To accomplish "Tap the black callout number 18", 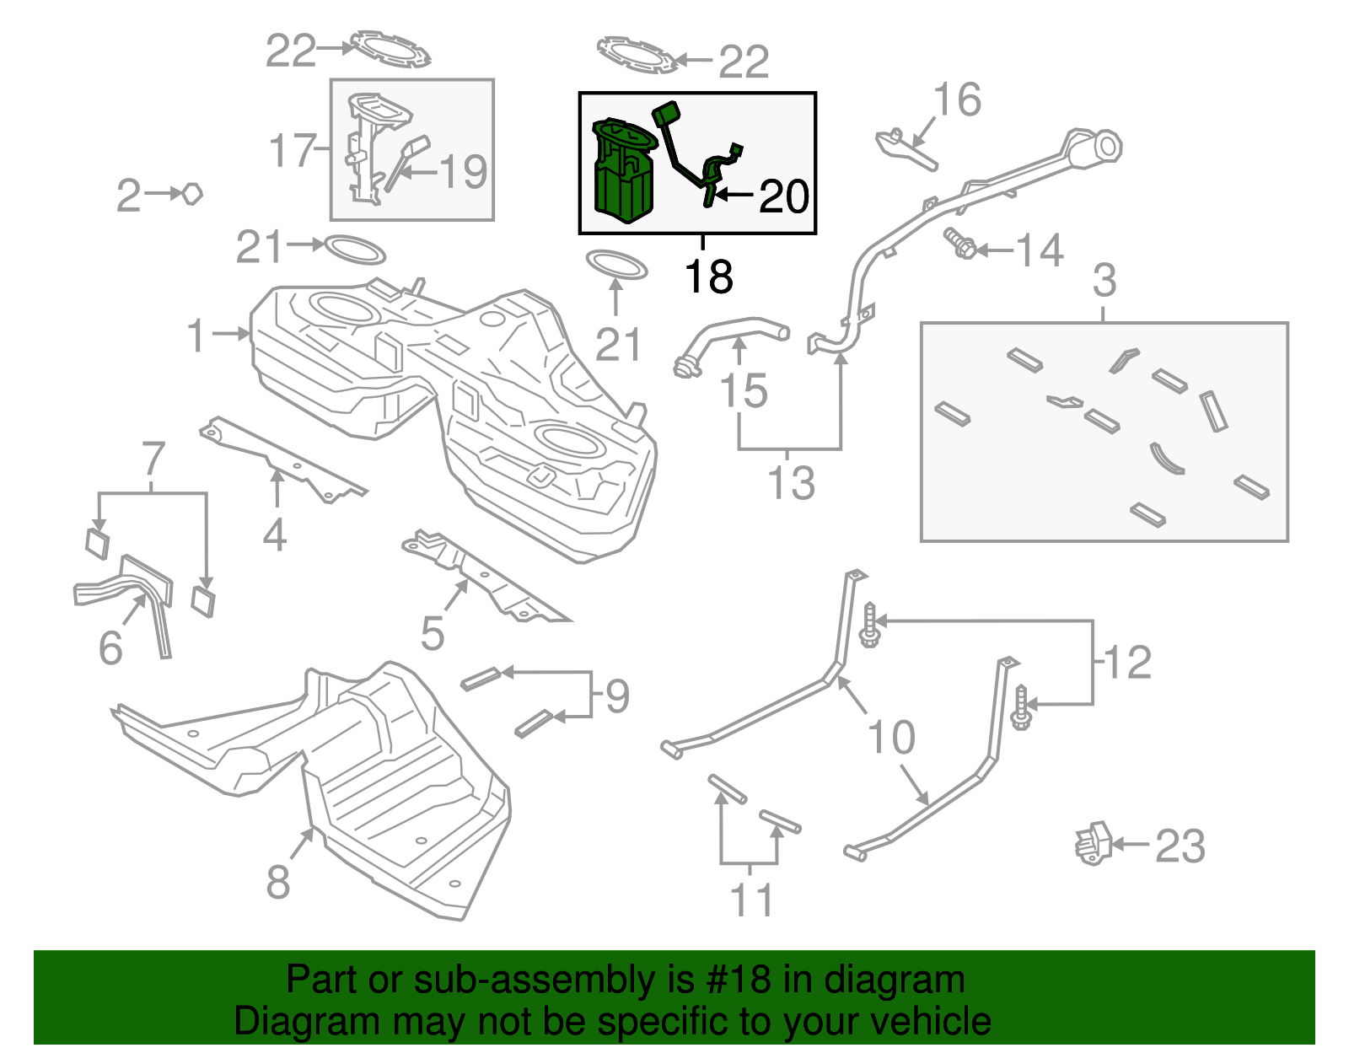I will [708, 277].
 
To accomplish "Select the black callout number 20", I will [784, 196].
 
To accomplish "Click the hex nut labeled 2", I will [193, 194].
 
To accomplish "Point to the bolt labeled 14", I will [960, 244].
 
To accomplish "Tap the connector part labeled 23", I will [1093, 843].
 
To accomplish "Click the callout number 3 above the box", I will [1104, 281].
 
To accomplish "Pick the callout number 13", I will [791, 483].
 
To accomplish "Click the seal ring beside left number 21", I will [355, 250].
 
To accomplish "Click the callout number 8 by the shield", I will [278, 883].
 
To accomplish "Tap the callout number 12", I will [1127, 662].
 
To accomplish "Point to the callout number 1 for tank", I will [196, 336].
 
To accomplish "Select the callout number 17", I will [292, 152].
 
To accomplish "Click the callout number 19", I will [464, 172].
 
